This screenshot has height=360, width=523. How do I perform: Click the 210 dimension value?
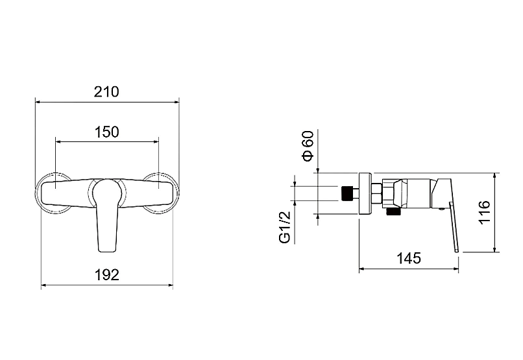(106, 91)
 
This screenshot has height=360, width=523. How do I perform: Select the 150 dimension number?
(106, 132)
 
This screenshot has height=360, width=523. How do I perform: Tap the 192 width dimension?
(106, 275)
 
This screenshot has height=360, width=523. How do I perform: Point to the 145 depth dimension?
(409, 258)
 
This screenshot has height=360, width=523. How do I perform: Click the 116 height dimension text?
(484, 212)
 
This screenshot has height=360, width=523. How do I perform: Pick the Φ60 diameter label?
(308, 146)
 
